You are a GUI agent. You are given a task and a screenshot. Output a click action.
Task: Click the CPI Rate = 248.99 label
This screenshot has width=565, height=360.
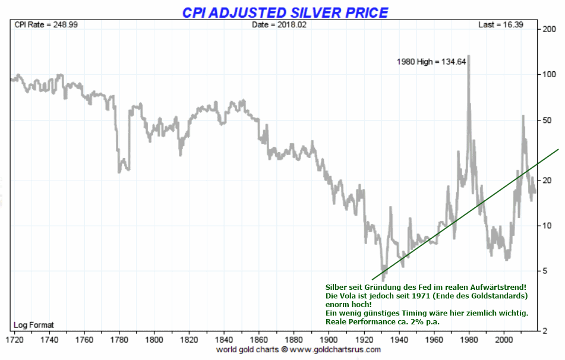tap(37, 25)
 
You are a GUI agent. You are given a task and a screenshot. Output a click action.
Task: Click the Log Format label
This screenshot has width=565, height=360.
tap(34, 325)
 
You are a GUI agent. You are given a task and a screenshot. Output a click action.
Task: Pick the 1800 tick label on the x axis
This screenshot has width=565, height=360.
tap(154, 340)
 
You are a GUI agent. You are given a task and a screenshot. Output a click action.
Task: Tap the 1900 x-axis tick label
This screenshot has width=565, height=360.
tap(329, 340)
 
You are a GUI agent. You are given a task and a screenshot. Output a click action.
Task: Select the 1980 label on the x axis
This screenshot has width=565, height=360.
tap(469, 340)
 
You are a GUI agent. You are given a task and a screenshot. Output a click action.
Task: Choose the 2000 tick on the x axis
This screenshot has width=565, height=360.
tap(504, 340)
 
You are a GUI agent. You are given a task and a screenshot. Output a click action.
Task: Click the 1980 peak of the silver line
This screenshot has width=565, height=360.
tap(469, 57)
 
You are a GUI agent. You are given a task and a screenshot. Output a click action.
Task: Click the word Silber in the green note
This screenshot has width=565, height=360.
tap(336, 287)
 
